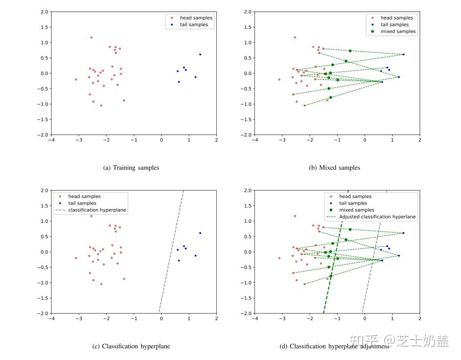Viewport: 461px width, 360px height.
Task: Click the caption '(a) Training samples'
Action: (x=131, y=168)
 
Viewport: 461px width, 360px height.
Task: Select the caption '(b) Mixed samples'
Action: (x=334, y=168)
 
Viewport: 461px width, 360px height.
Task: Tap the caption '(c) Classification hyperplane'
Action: (x=131, y=346)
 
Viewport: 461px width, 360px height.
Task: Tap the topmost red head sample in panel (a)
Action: (x=91, y=37)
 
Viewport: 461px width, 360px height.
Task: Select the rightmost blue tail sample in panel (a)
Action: (x=200, y=55)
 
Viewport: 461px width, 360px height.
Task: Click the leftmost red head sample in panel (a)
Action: (x=76, y=79)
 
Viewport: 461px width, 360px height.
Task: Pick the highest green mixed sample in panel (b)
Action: (x=350, y=51)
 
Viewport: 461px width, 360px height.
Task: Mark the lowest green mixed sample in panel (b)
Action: (x=330, y=98)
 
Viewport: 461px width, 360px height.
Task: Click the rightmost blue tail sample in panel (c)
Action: (x=200, y=233)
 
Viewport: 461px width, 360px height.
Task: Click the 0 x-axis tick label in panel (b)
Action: (x=365, y=140)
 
